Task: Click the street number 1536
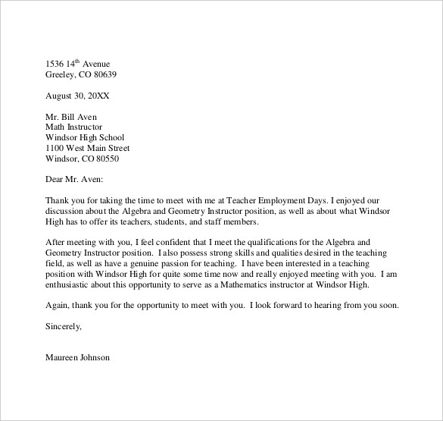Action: [55, 63]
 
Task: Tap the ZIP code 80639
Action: [103, 75]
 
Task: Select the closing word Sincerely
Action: [62, 327]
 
